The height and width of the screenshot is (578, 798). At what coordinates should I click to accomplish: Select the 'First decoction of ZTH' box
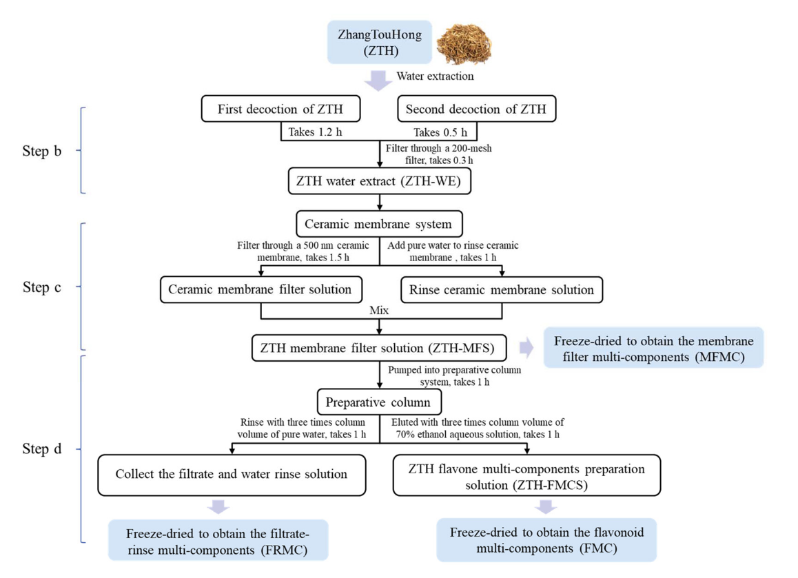(x=280, y=109)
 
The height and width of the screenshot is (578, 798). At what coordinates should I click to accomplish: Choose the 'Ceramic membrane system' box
(x=379, y=224)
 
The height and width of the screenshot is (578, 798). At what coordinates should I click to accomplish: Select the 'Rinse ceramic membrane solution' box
(x=502, y=289)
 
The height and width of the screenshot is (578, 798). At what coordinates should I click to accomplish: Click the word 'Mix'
(x=380, y=311)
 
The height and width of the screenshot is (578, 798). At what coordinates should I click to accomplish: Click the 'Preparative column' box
(x=379, y=401)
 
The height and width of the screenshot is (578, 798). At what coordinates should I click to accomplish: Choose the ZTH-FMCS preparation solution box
(x=527, y=475)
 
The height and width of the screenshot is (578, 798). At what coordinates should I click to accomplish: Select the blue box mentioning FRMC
(x=218, y=541)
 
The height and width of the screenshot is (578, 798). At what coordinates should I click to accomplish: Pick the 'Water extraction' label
(x=435, y=76)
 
